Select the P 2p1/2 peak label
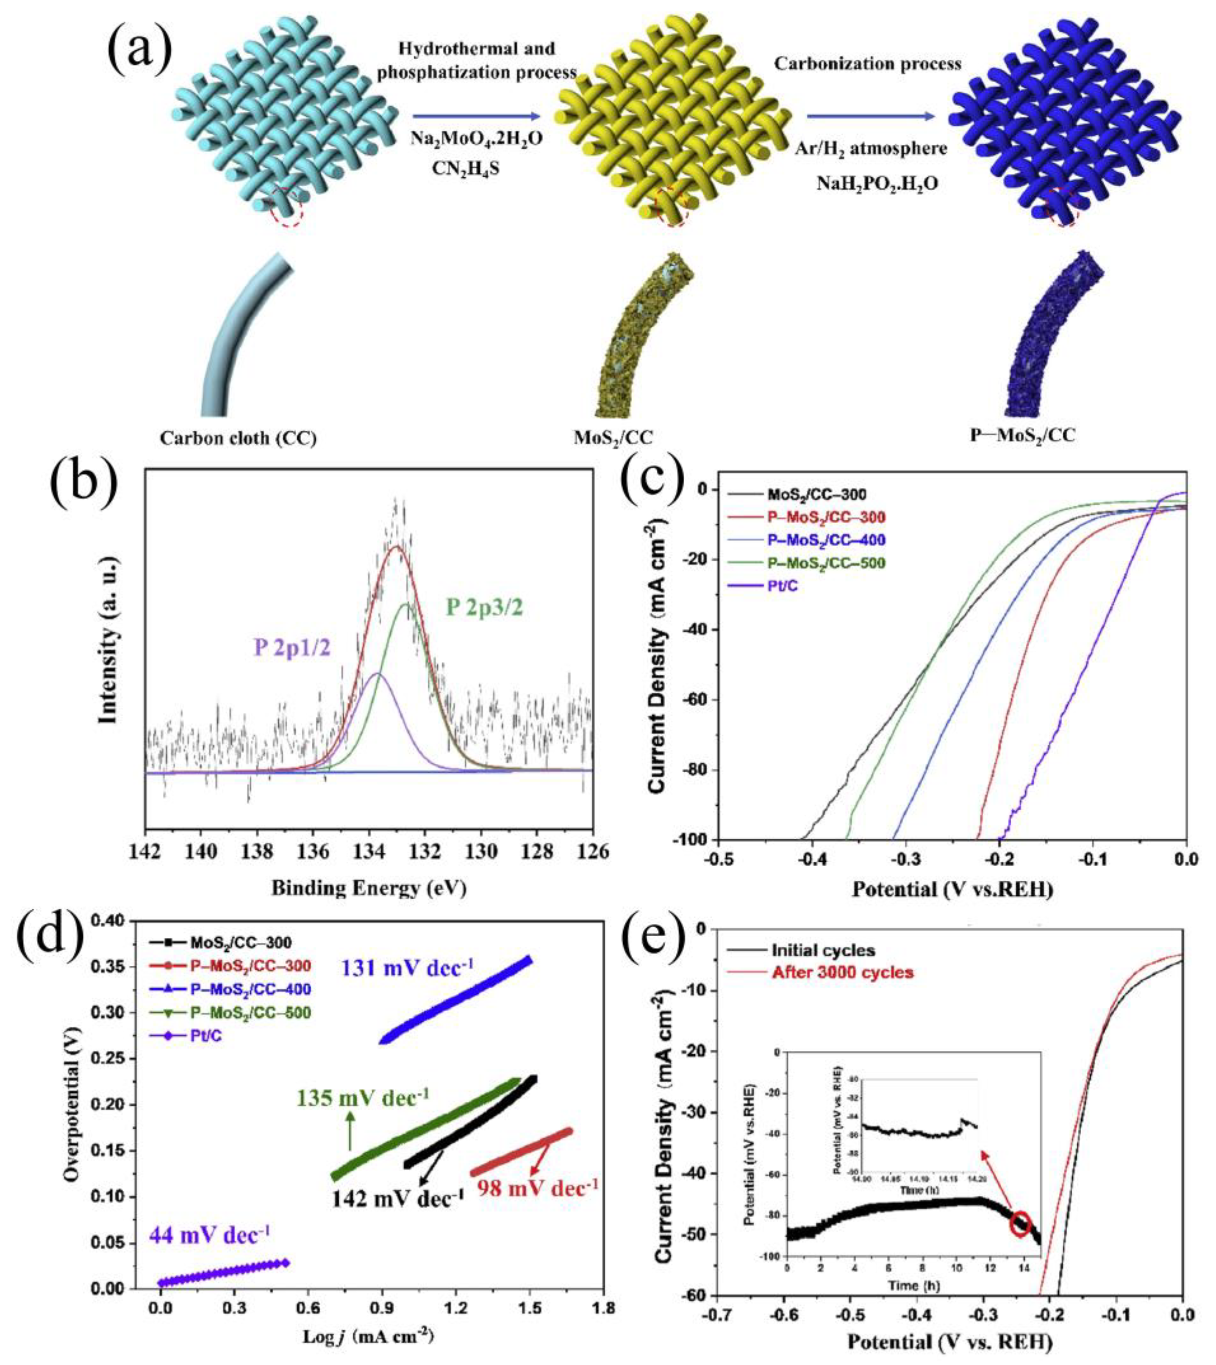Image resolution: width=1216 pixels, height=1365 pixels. (292, 649)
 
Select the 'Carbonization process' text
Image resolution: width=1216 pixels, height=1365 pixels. (867, 64)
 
